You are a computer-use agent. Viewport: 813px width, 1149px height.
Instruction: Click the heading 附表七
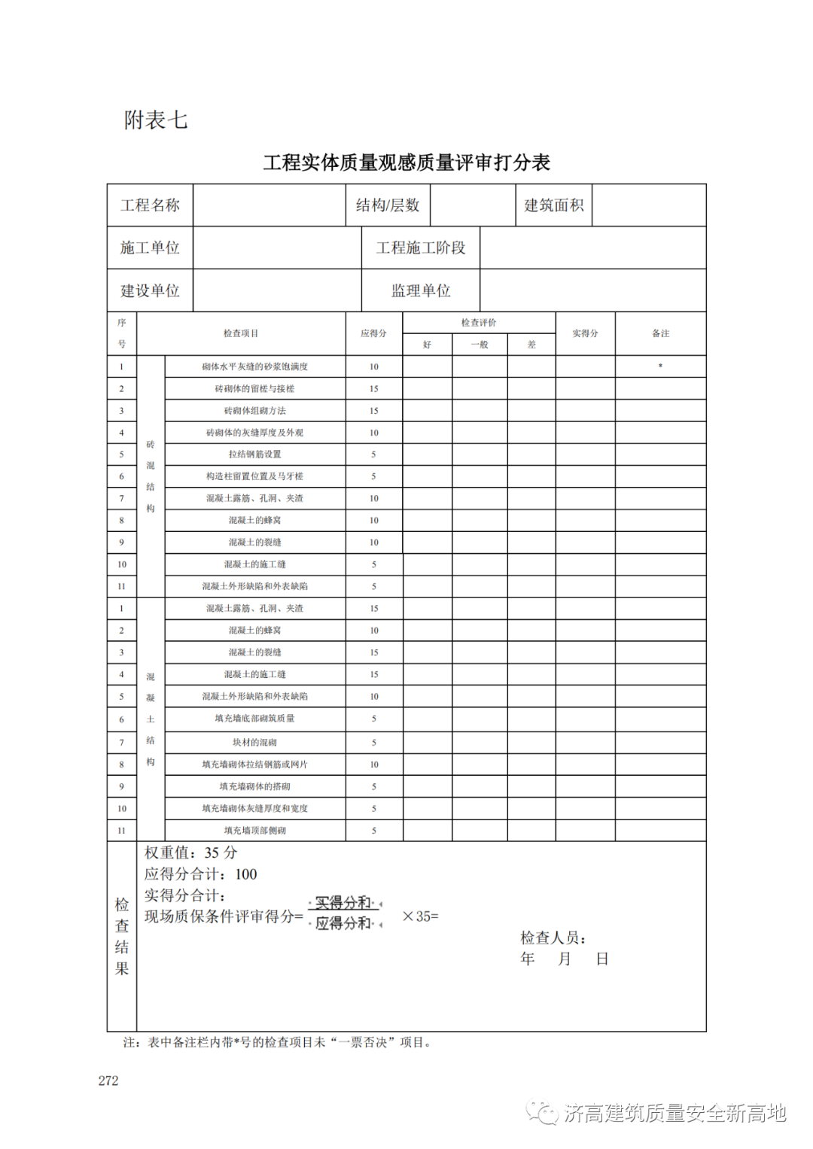(156, 120)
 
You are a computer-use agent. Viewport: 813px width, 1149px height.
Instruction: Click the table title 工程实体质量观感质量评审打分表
(406, 163)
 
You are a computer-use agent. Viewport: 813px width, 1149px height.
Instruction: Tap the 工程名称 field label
(150, 205)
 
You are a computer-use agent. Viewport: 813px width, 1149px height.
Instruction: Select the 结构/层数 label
(388, 205)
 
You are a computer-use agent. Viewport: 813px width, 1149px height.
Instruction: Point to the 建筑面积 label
(554, 205)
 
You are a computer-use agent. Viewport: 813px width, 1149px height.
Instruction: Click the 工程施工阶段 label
(421, 248)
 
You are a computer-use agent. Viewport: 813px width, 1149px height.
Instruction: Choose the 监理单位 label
(421, 291)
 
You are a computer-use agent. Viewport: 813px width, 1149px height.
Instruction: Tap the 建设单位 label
(150, 291)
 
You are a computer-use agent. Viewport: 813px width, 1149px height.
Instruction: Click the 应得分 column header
(373, 333)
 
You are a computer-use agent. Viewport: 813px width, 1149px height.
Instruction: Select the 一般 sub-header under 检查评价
(480, 345)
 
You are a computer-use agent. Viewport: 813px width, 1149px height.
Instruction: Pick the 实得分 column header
(585, 333)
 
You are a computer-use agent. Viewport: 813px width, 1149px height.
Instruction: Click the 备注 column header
(660, 333)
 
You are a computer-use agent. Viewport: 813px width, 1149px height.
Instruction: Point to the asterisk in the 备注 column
(660, 366)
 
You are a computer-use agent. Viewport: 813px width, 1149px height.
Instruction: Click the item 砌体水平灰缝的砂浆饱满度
(254, 367)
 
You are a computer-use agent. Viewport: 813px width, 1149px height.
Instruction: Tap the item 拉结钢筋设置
(254, 454)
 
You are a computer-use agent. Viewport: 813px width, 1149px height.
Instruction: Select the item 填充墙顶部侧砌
(254, 831)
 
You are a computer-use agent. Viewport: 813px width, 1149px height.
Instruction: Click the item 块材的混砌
(254, 743)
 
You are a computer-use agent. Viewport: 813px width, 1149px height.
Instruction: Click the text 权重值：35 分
(190, 853)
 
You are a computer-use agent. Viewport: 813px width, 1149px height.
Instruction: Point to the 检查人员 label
(553, 938)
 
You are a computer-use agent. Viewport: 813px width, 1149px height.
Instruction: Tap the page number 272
(108, 1081)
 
